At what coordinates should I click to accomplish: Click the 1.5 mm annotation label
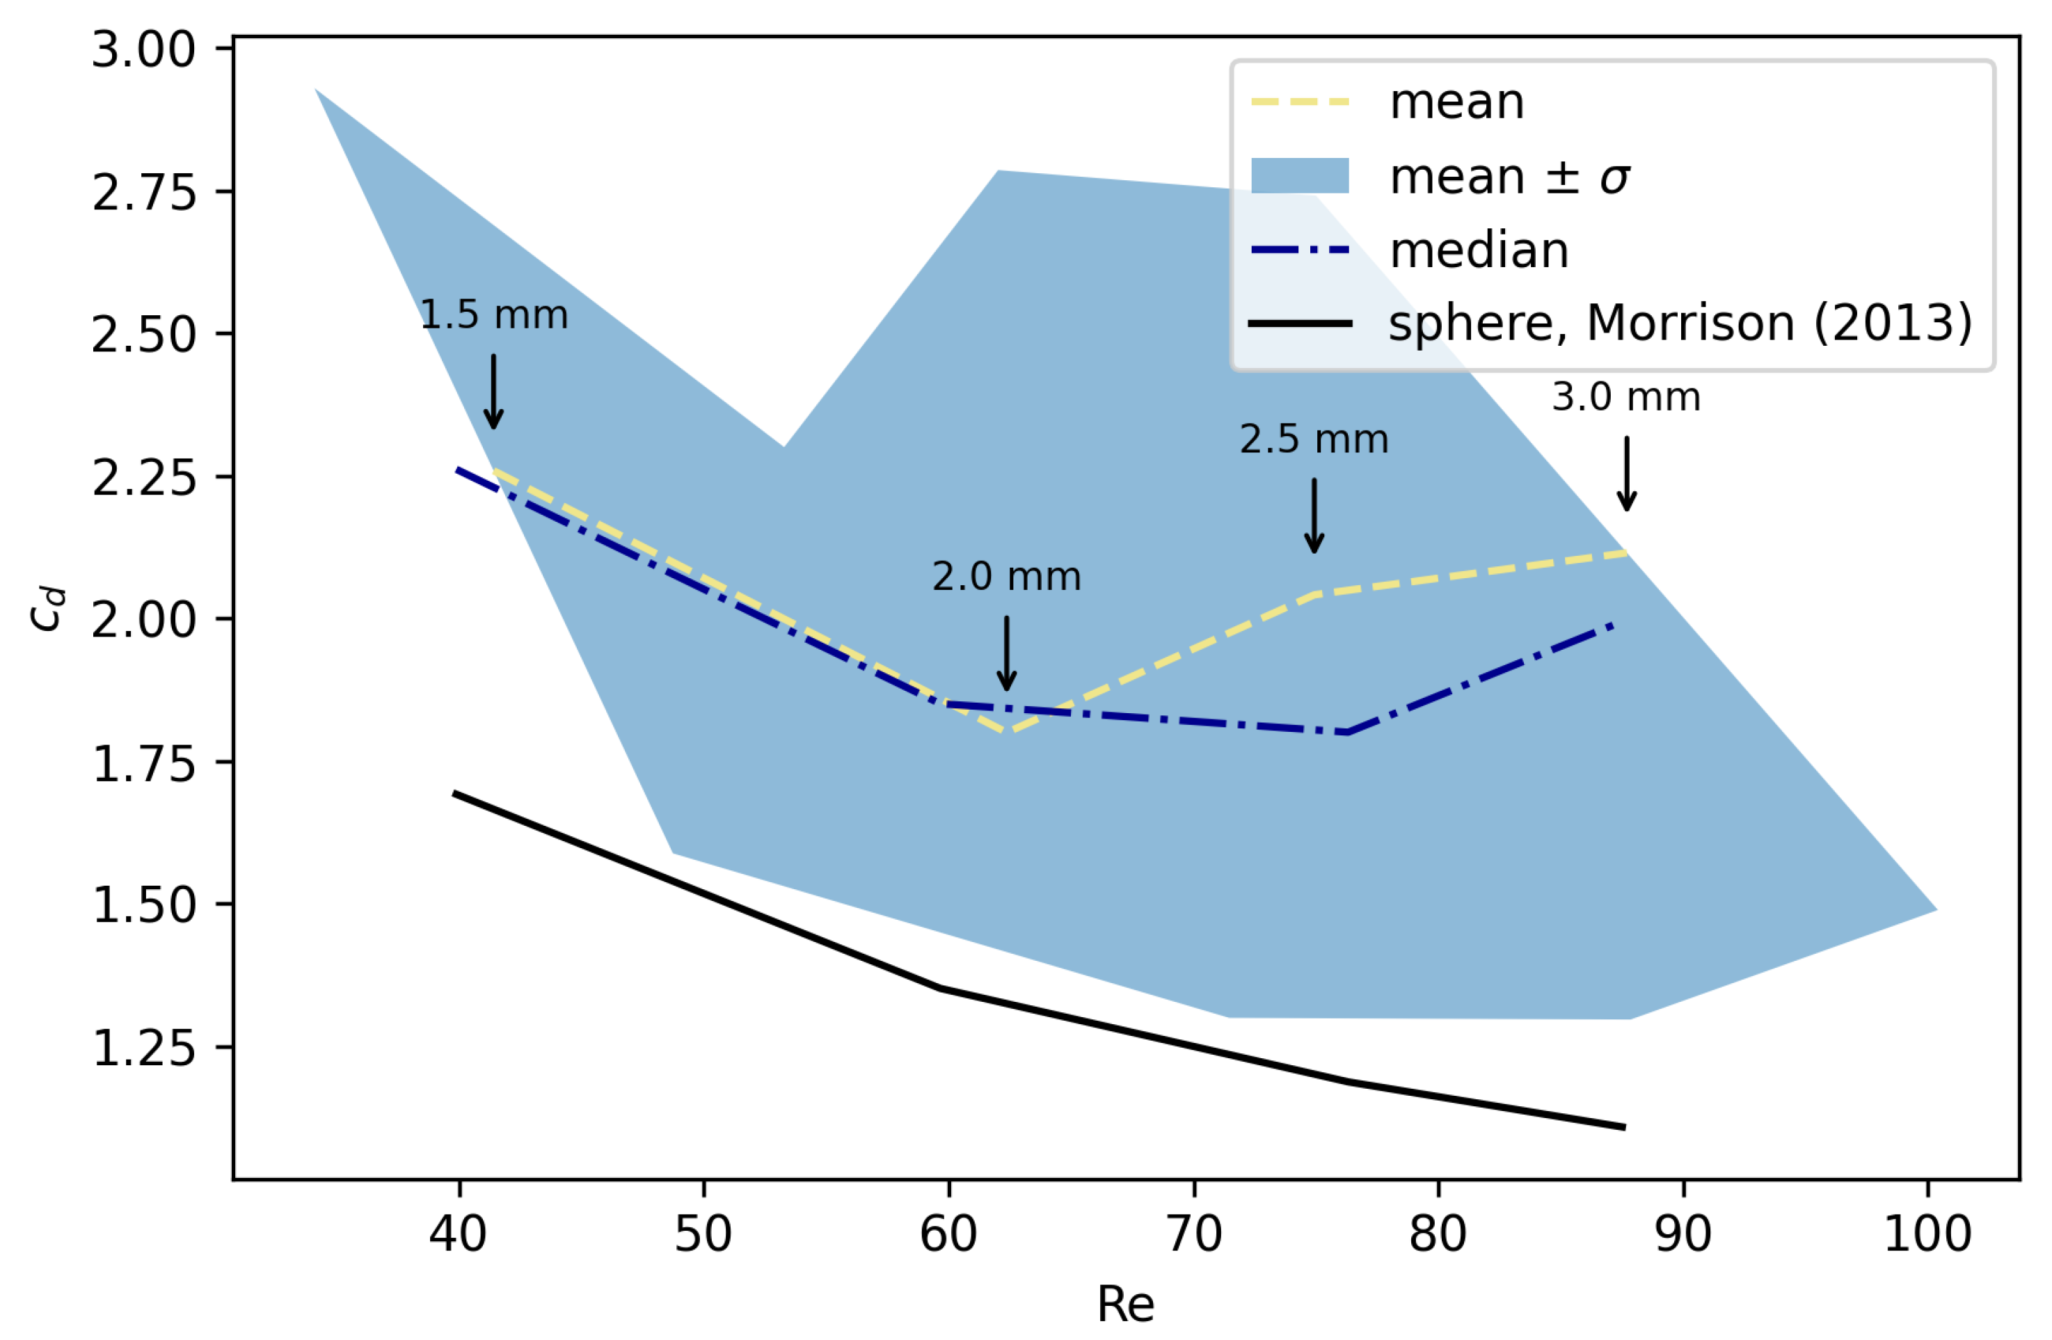[494, 316]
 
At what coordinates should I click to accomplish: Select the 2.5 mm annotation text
[1314, 440]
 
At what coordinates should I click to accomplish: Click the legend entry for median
[1479, 251]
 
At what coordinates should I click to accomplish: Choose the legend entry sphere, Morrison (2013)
[1680, 324]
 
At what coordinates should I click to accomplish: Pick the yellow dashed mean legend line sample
[1301, 102]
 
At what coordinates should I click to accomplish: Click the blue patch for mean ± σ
[1301, 176]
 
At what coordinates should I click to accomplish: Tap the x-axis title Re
[1125, 1304]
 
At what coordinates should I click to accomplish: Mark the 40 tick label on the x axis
[458, 1233]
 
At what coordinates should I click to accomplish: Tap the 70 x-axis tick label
[1194, 1233]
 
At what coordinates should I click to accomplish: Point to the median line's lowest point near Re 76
[1346, 733]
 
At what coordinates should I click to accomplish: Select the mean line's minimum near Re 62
[1009, 732]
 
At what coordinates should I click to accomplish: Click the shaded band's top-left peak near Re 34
[317, 90]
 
